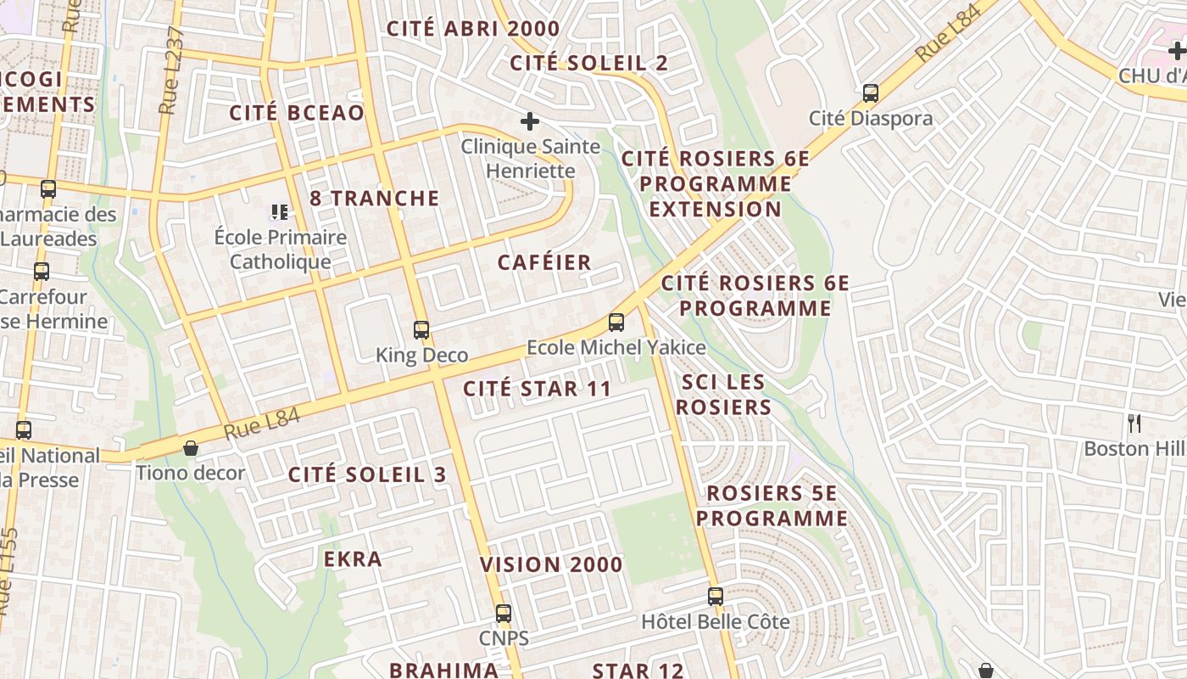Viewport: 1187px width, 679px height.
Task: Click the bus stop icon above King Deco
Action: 421,330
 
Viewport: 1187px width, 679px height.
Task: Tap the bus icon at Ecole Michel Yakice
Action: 616,323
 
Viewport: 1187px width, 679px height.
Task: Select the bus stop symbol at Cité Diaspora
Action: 871,93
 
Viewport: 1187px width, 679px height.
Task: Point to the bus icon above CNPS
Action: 504,614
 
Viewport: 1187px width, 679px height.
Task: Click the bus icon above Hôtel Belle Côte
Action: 716,597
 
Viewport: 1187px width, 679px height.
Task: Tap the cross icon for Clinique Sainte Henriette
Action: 530,122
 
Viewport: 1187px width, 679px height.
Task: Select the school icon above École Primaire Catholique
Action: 280,211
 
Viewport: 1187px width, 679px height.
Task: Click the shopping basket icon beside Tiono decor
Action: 191,448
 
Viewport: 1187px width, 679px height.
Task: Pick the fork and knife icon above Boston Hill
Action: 1134,423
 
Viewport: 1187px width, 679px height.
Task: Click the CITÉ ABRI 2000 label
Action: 473,29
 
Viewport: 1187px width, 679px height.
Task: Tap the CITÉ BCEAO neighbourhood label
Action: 297,113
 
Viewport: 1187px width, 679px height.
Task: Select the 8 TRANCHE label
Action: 375,199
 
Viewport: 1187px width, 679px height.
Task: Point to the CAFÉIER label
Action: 544,262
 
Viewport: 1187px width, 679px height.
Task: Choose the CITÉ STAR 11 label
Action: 537,389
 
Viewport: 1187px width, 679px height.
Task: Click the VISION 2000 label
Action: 551,564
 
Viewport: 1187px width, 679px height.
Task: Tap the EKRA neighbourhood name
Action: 353,558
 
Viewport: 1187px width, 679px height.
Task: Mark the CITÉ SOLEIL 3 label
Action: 366,474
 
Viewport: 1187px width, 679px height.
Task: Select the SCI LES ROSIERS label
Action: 727,395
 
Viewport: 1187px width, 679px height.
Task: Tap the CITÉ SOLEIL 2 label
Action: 588,63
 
